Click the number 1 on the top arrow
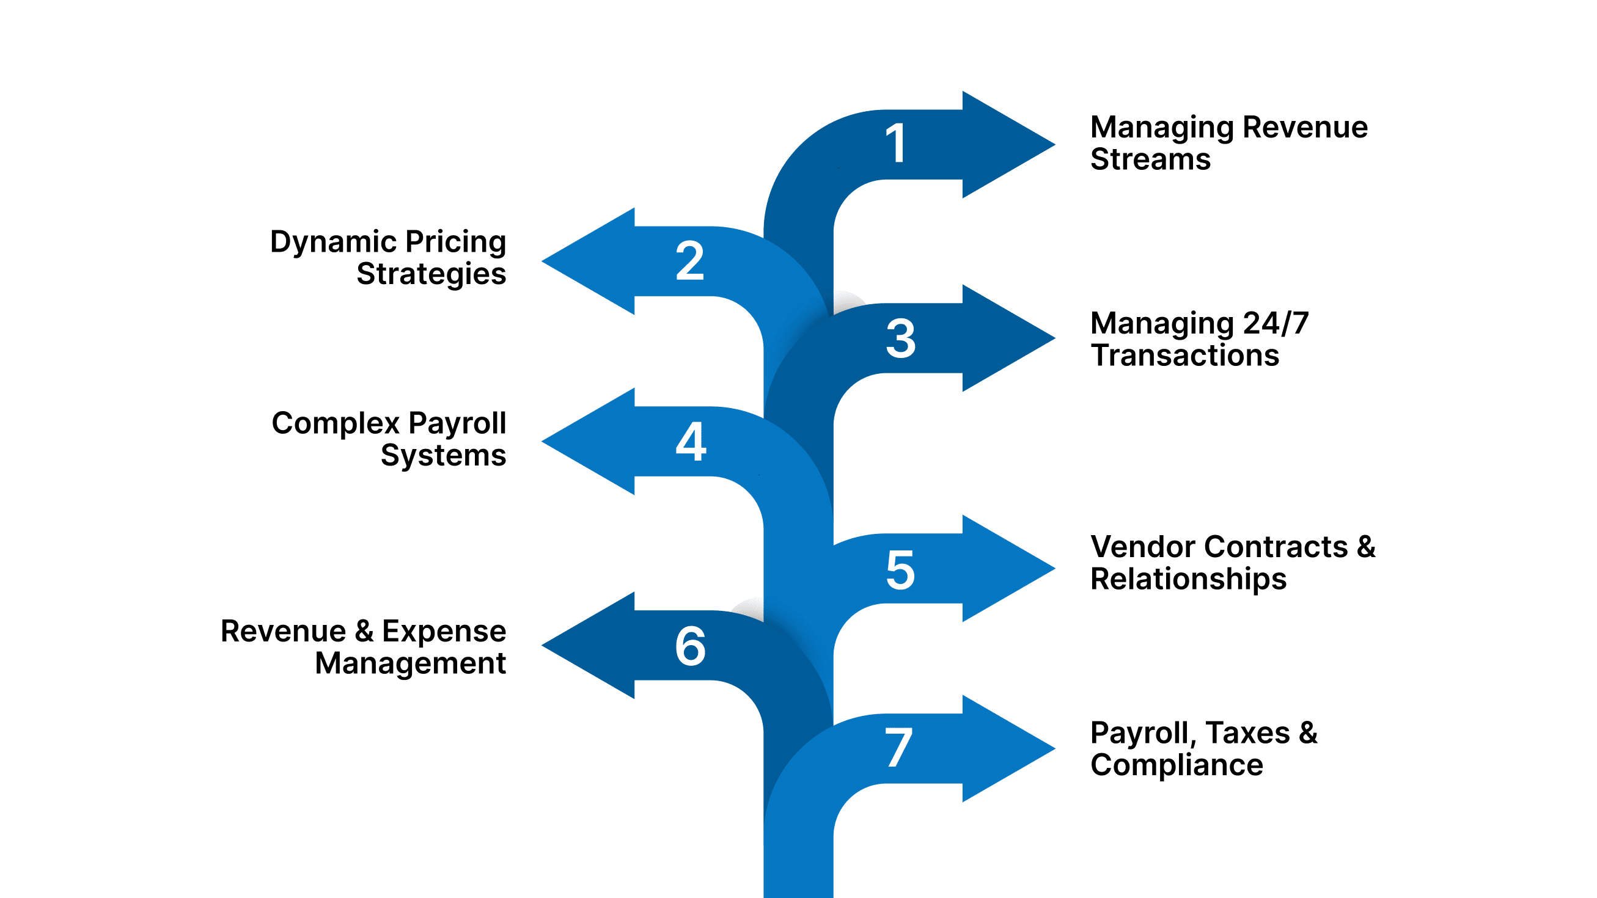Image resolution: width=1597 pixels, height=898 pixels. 897,144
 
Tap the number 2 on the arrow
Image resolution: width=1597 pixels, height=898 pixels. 689,261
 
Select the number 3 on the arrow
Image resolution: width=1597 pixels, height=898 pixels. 900,338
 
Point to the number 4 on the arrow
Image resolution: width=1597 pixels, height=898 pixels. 691,441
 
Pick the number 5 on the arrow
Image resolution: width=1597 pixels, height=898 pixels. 900,569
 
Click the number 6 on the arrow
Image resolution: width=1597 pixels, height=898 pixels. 690,646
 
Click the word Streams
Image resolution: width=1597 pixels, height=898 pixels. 1150,159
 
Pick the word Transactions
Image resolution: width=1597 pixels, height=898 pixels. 1184,355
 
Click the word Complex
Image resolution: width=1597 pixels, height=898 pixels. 336,423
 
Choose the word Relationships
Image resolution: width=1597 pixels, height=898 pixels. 1188,579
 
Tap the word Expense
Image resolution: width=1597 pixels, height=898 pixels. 444,631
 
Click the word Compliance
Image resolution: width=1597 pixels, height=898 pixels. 1176,765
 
